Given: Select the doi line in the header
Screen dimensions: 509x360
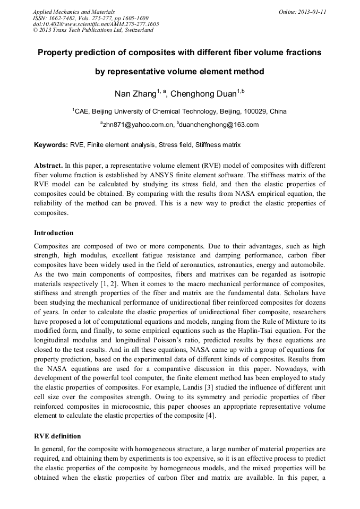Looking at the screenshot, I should tap(96, 24).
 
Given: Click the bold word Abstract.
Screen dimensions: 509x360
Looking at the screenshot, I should tap(48, 165).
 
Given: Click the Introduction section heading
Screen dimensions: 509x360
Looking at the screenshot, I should tap(54, 233).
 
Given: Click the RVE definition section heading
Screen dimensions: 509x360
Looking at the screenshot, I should tap(57, 436).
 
